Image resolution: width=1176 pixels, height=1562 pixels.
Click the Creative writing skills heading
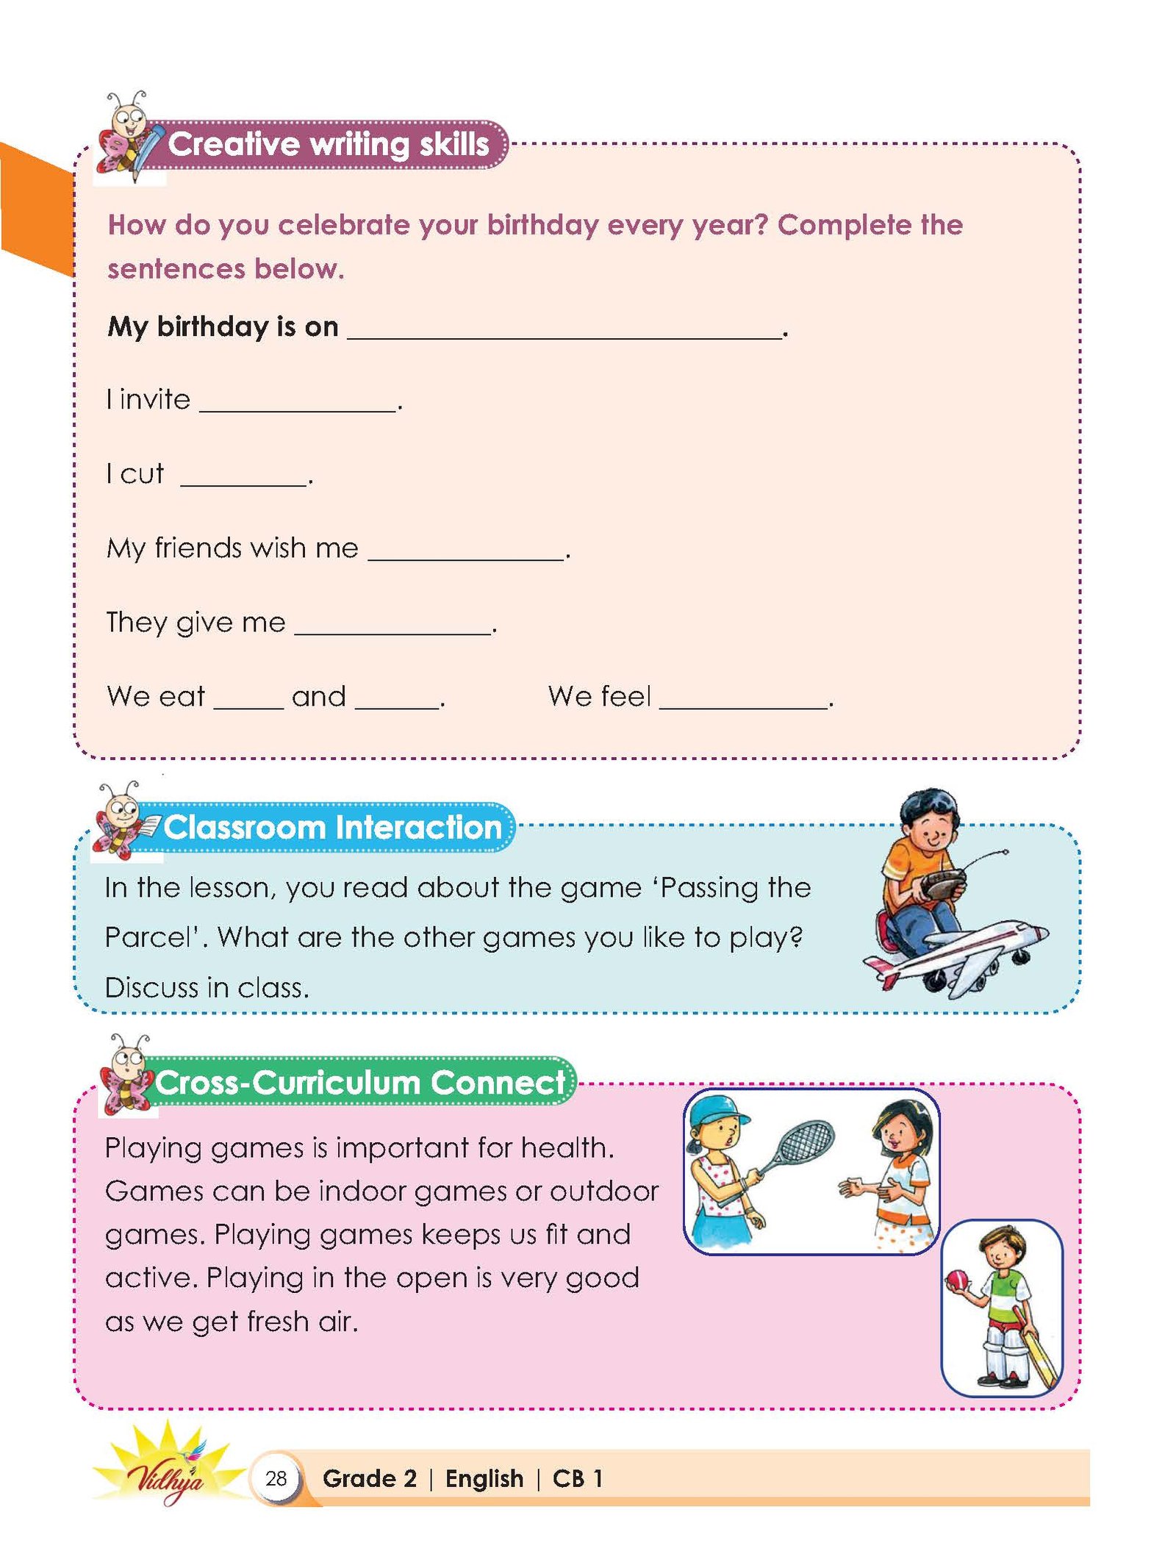[x=328, y=144]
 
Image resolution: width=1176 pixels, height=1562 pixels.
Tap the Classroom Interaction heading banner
[x=332, y=828]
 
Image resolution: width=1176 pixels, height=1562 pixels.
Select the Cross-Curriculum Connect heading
[x=360, y=1083]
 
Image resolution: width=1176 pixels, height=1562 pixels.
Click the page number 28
[x=276, y=1478]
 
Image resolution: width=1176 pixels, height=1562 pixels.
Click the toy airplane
[x=955, y=956]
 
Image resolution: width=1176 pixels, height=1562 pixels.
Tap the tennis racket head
[x=806, y=1142]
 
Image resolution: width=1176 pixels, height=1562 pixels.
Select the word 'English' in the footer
[x=484, y=1478]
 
